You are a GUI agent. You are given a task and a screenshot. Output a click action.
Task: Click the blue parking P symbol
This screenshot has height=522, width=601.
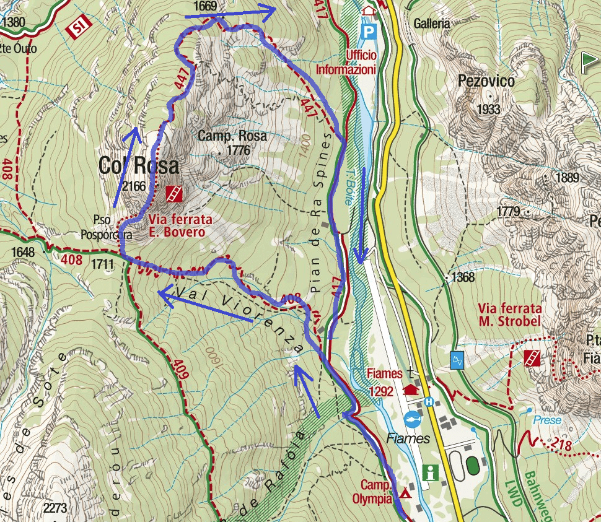[369, 30]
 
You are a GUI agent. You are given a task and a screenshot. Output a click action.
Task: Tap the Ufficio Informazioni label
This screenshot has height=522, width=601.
[346, 62]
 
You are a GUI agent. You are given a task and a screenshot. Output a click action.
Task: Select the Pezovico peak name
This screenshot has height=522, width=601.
[486, 81]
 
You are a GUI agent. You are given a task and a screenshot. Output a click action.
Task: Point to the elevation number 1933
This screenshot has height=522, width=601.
[488, 110]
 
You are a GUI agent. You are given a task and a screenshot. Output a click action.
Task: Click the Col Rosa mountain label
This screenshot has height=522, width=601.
[138, 165]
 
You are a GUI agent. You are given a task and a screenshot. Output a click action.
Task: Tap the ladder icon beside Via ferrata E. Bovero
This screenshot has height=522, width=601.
[174, 194]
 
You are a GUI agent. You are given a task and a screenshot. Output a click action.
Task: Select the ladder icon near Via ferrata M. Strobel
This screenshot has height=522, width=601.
[532, 358]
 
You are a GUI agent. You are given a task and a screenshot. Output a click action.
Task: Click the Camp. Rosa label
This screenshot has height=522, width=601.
[232, 136]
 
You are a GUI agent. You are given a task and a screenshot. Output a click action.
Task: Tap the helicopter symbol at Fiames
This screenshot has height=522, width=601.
[412, 419]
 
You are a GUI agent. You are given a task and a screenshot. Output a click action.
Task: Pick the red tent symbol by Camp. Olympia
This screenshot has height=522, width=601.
[406, 494]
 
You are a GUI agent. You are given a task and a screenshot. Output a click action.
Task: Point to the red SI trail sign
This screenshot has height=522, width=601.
[77, 27]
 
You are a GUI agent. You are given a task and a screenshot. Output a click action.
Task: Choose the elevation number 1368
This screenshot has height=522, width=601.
[462, 277]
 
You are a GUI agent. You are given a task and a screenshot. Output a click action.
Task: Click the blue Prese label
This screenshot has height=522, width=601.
[547, 420]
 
